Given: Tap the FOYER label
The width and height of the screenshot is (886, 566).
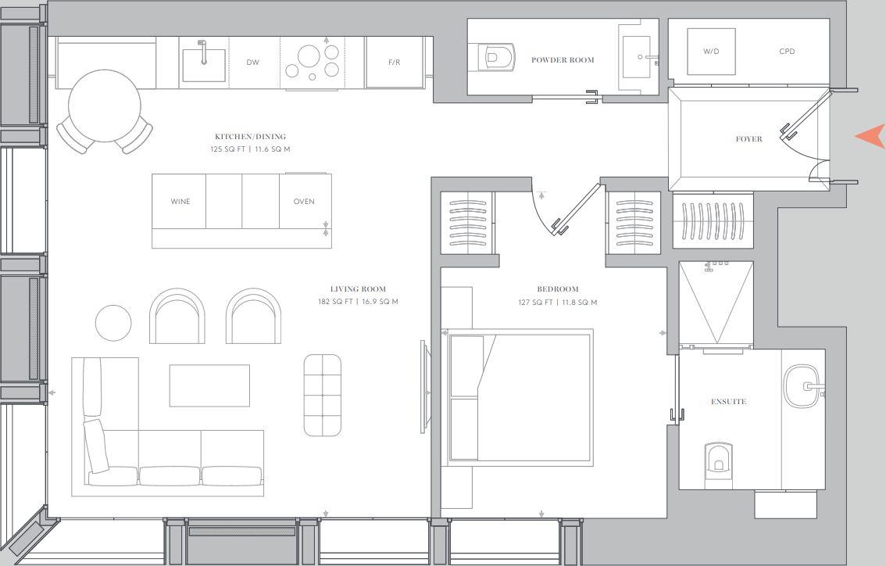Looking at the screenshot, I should pyautogui.click(x=748, y=139).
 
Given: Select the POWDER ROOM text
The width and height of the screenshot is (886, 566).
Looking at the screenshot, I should pyautogui.click(x=563, y=60).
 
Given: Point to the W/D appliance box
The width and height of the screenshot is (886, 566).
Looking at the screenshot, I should pyautogui.click(x=710, y=52).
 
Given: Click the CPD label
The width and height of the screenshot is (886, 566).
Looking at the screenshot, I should pyautogui.click(x=787, y=52).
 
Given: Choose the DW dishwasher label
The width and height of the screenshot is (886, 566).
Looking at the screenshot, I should pyautogui.click(x=252, y=63).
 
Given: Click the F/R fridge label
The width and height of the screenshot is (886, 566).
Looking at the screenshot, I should pyautogui.click(x=395, y=63).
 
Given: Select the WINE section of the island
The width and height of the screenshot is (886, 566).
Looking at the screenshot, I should pyautogui.click(x=180, y=202).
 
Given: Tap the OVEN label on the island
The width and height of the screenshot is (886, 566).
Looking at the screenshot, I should pyautogui.click(x=304, y=202).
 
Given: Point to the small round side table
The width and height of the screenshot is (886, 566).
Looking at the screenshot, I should pyautogui.click(x=113, y=322).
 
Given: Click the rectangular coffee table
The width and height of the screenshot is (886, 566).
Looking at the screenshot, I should pyautogui.click(x=209, y=385).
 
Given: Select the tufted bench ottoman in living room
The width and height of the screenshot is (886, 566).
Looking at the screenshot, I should pyautogui.click(x=322, y=396).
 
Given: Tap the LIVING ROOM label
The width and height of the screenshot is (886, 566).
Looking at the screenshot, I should pyautogui.click(x=358, y=289).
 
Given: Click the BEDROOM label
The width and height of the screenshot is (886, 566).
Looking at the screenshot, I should pyautogui.click(x=558, y=289).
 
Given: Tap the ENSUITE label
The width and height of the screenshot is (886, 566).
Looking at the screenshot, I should pyautogui.click(x=728, y=402).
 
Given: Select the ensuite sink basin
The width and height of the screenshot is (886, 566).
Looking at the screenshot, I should pyautogui.click(x=800, y=386).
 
